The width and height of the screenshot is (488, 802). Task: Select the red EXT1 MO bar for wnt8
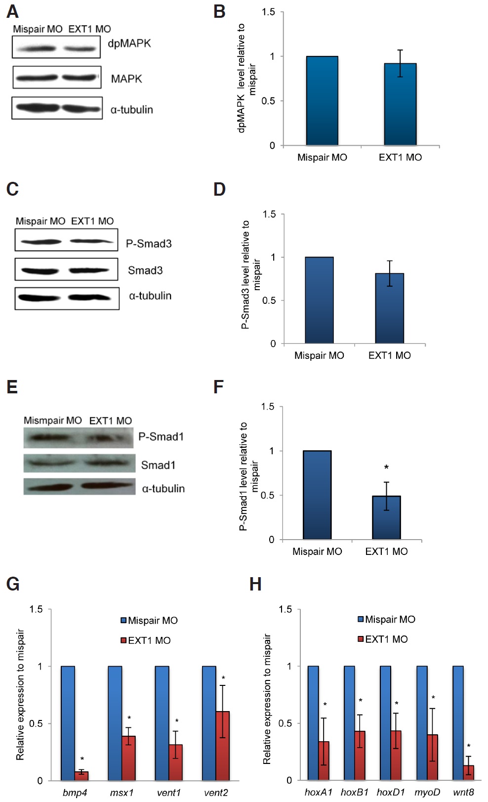468,772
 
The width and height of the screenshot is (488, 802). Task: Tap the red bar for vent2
223,746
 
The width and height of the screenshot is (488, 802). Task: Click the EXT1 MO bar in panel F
386,517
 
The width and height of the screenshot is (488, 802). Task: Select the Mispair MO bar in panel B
322,101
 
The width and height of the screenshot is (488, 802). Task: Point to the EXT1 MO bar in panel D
390,308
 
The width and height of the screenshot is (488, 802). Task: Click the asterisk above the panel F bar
386,467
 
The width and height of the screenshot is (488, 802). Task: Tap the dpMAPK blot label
129,43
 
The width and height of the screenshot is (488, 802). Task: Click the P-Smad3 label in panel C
149,244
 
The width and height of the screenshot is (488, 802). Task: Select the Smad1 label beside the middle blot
158,465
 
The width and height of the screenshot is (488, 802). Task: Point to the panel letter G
13,584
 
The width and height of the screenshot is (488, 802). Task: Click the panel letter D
219,189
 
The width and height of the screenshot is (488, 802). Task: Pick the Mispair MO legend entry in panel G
150,620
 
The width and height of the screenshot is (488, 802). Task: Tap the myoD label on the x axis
427,792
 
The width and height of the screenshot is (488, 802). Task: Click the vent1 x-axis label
169,793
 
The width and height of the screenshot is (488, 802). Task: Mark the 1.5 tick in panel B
269,12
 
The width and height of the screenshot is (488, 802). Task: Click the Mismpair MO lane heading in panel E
53,421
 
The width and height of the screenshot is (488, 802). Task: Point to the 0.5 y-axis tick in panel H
285,723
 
